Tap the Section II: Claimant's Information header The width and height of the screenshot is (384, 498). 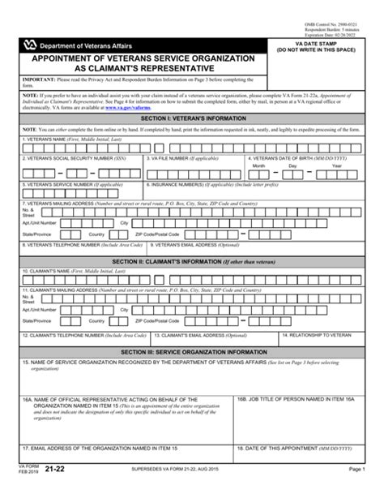192,261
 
